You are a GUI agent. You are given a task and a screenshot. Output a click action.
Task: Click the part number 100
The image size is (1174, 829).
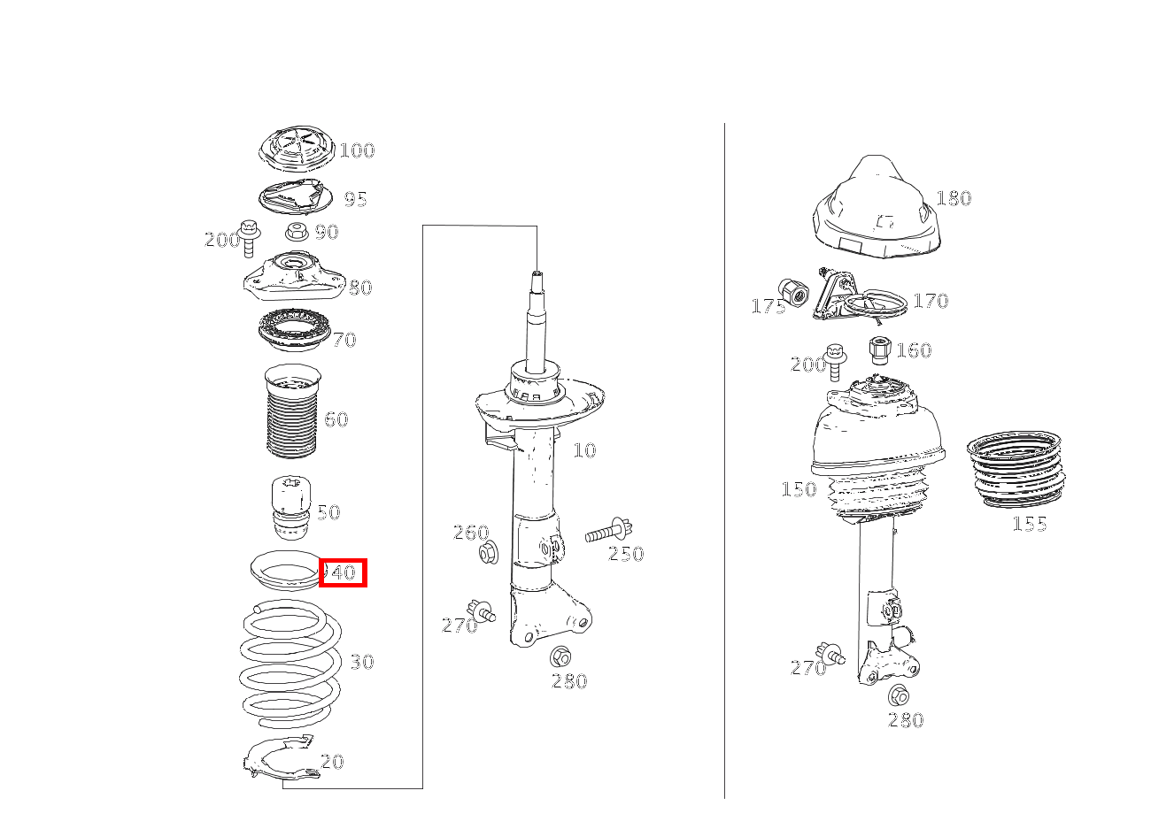coord(357,150)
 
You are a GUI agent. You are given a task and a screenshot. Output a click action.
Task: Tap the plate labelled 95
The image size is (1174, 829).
coord(296,196)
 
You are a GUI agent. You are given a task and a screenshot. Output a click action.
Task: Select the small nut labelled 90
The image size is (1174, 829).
coord(297,231)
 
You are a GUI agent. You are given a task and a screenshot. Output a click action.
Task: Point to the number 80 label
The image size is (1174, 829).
coord(360,288)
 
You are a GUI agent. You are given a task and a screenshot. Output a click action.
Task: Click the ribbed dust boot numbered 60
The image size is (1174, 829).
coord(292,411)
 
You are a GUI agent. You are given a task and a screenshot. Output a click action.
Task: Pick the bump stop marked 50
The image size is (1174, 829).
coord(291,508)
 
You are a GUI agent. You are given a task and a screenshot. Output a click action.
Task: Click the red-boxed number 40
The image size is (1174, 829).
coord(344,572)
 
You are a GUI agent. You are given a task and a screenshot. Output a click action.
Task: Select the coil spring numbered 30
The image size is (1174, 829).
coord(290,664)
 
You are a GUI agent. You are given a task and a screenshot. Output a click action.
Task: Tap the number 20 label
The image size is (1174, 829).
coord(332,762)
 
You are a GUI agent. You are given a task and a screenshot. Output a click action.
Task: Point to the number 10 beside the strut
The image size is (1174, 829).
coord(584,450)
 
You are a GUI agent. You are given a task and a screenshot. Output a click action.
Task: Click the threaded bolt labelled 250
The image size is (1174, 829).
coord(609,531)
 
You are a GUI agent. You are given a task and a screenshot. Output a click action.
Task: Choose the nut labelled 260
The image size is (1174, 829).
coord(489,553)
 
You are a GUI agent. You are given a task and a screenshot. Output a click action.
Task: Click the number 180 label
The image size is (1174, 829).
coord(954,198)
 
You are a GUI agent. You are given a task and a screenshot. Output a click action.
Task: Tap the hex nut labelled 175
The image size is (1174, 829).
coord(793,293)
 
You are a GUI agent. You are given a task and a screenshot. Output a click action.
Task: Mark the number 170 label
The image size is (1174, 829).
coord(931,301)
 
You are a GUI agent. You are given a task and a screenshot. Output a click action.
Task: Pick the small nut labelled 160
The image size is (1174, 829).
coord(880,349)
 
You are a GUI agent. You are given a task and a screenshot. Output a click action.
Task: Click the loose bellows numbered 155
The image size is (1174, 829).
coord(1016,470)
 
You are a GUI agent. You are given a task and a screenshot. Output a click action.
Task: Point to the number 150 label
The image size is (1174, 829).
coord(799,489)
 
